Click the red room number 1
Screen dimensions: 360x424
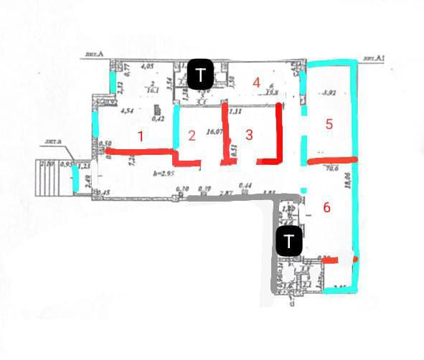[x=141, y=136]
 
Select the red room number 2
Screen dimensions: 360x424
[x=192, y=135]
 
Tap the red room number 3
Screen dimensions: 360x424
[x=248, y=134]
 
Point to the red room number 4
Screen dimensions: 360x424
[x=256, y=82]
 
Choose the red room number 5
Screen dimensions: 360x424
[x=329, y=124]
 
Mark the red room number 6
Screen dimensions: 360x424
[x=326, y=208]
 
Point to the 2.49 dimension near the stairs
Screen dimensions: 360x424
[x=86, y=180]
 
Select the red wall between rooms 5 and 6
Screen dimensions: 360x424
[x=331, y=161]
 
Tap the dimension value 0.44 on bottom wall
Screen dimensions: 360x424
[x=248, y=186]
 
